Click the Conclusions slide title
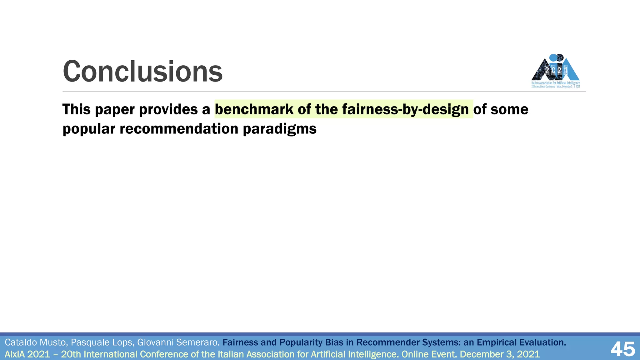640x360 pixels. tap(142, 72)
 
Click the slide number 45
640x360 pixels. tap(623, 349)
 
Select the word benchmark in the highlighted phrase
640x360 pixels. tap(254, 109)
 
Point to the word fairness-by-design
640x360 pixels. tap(405, 109)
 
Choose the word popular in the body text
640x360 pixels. tap(89, 129)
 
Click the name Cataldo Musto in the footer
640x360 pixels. tap(36, 342)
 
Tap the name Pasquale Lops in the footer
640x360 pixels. tap(102, 342)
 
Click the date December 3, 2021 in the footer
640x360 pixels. tap(500, 354)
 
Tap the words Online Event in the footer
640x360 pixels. tap(428, 354)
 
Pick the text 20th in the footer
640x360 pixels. tap(71, 354)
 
